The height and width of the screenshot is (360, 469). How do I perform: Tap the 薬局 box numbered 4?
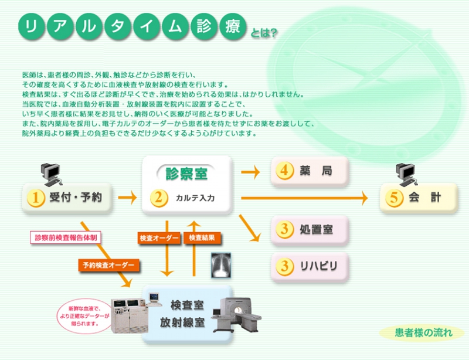click(310, 171)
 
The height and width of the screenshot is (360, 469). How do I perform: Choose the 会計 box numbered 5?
click(419, 198)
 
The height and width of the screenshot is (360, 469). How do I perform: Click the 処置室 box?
click(310, 229)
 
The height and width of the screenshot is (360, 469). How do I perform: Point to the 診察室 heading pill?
click(186, 174)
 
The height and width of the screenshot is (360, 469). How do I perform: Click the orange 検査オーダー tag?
click(158, 238)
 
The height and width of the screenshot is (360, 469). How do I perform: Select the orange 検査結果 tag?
click(203, 238)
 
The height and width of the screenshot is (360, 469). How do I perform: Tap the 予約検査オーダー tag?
click(109, 265)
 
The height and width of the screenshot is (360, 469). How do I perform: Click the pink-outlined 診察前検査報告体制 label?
click(66, 237)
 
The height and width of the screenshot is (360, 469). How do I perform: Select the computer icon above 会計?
click(407, 171)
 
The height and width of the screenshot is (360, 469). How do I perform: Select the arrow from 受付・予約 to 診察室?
click(127, 198)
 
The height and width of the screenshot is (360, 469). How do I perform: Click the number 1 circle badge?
click(36, 198)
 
